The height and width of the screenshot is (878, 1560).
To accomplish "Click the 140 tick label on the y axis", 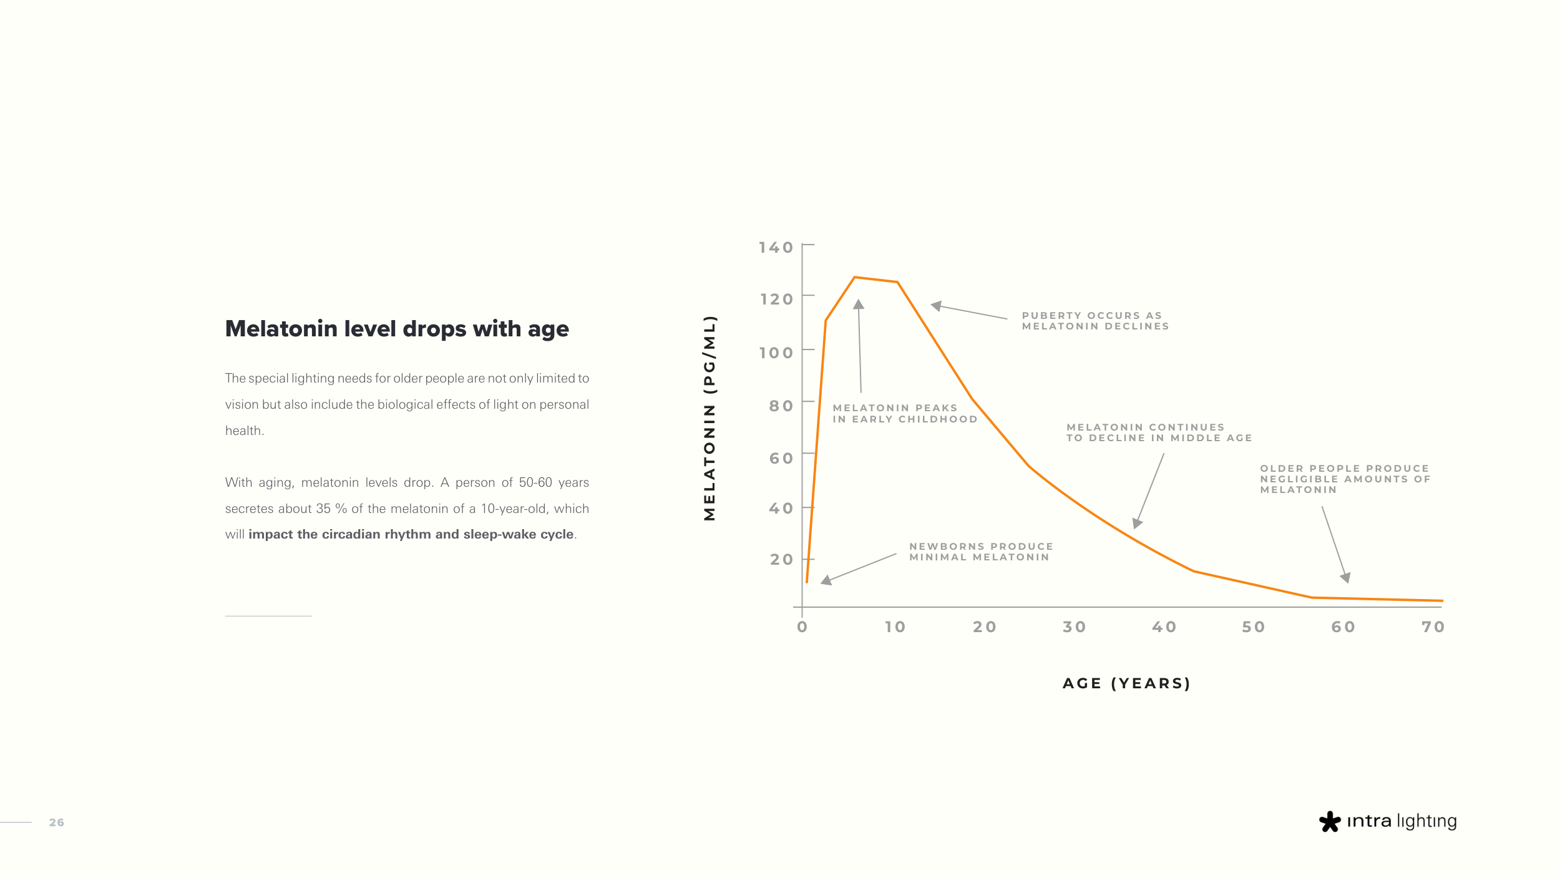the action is tap(776, 248).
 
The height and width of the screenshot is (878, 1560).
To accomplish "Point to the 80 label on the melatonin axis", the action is tap(781, 406).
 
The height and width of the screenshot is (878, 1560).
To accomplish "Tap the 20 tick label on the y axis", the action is tap(781, 560).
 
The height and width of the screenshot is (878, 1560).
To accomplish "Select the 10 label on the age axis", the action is tap(895, 627).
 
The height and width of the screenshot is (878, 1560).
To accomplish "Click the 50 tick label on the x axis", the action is tap(1253, 627).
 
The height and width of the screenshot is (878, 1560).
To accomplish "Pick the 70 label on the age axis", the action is tap(1433, 627).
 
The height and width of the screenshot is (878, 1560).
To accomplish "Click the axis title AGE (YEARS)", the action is tap(1126, 683).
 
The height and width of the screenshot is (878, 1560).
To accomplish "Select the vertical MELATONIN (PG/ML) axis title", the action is tap(709, 418).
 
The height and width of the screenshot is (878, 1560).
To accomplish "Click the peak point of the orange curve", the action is tap(854, 277).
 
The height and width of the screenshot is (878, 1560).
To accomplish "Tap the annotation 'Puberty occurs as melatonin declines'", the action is tap(1095, 321).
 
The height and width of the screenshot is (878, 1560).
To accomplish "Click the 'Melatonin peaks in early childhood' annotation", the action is tap(905, 414).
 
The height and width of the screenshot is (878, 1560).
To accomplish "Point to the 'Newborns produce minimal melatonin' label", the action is tap(981, 552).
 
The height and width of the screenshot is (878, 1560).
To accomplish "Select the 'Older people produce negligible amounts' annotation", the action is tap(1345, 479).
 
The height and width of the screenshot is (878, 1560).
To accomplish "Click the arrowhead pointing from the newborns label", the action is tap(826, 581).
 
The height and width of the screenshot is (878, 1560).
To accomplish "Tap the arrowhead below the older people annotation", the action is tap(1345, 578).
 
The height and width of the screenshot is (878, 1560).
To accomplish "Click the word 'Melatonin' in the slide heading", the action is tap(281, 329).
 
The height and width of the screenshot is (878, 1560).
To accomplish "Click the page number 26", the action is tap(57, 822).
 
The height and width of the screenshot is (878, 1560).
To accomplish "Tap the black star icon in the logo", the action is tap(1329, 821).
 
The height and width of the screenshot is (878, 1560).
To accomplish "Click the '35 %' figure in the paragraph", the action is tap(331, 509).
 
